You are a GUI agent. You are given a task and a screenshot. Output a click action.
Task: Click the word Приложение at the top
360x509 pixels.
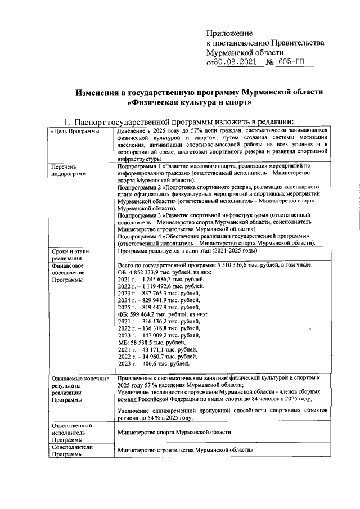coord(230,33)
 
